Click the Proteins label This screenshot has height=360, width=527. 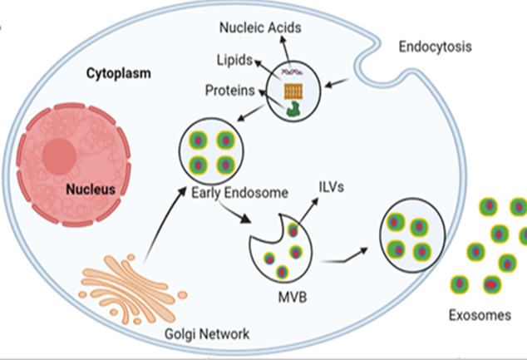[230, 90]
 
